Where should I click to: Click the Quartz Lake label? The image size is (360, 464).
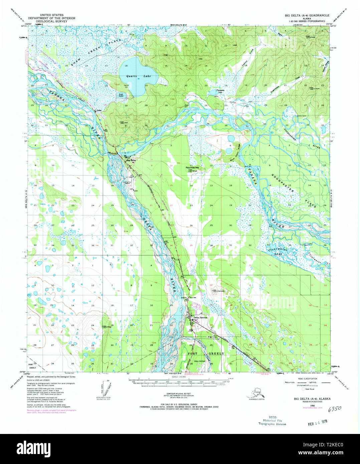click(x=138, y=76)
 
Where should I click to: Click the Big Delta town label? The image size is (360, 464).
click(x=132, y=160)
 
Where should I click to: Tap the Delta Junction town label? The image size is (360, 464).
click(x=201, y=317)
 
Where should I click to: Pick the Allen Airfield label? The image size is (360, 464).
click(x=200, y=361)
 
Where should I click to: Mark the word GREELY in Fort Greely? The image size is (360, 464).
click(x=216, y=354)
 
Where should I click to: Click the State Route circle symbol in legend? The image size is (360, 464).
click(x=303, y=389)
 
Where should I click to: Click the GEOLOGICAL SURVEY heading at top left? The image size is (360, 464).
click(x=51, y=21)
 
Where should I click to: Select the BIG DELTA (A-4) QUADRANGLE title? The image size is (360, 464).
click(x=307, y=15)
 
